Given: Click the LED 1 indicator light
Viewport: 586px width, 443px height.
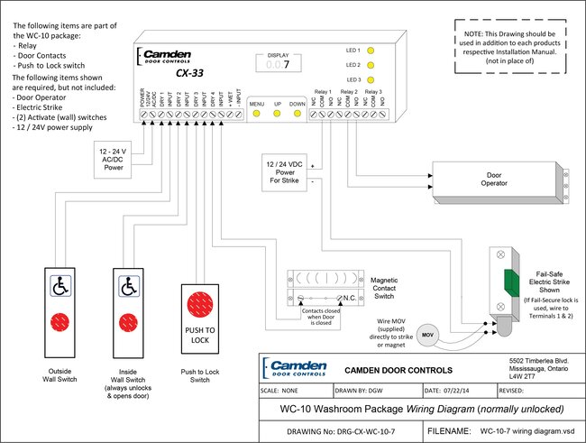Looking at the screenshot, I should tap(370, 51).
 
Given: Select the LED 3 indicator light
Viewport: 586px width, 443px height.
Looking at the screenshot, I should tap(370, 79).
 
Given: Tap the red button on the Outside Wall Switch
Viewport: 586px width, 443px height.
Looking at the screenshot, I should tap(61, 321).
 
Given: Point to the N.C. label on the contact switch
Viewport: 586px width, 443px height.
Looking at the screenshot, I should tap(349, 299).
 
